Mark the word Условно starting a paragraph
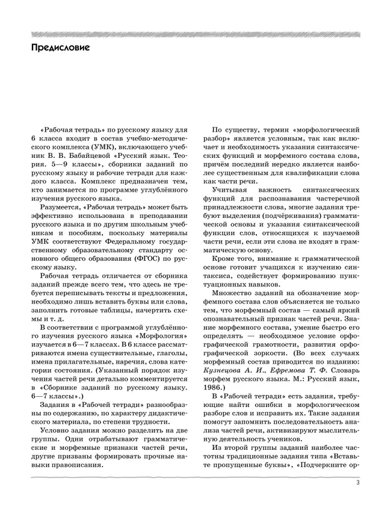coord(58,431)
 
